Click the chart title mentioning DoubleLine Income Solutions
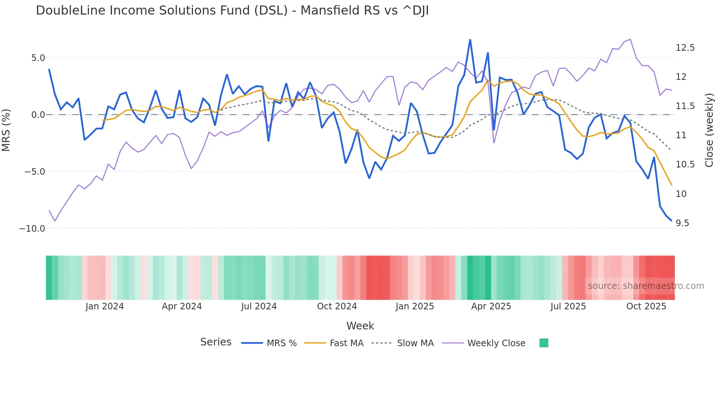click(x=232, y=11)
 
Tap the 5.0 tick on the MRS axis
click(x=38, y=58)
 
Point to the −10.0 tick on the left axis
click(x=32, y=229)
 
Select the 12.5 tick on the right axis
click(x=685, y=48)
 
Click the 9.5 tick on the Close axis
click(x=682, y=223)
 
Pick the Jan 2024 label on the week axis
click(x=104, y=306)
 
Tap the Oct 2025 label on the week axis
click(x=646, y=306)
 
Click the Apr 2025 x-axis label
click(x=491, y=306)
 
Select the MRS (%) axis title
click(x=6, y=130)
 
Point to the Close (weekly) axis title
click(x=709, y=130)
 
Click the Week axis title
click(x=360, y=326)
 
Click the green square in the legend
click(x=544, y=343)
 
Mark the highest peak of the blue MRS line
click(x=470, y=40)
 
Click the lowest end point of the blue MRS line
click(x=671, y=220)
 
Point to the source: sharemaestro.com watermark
click(x=646, y=286)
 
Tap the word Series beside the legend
click(x=216, y=342)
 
